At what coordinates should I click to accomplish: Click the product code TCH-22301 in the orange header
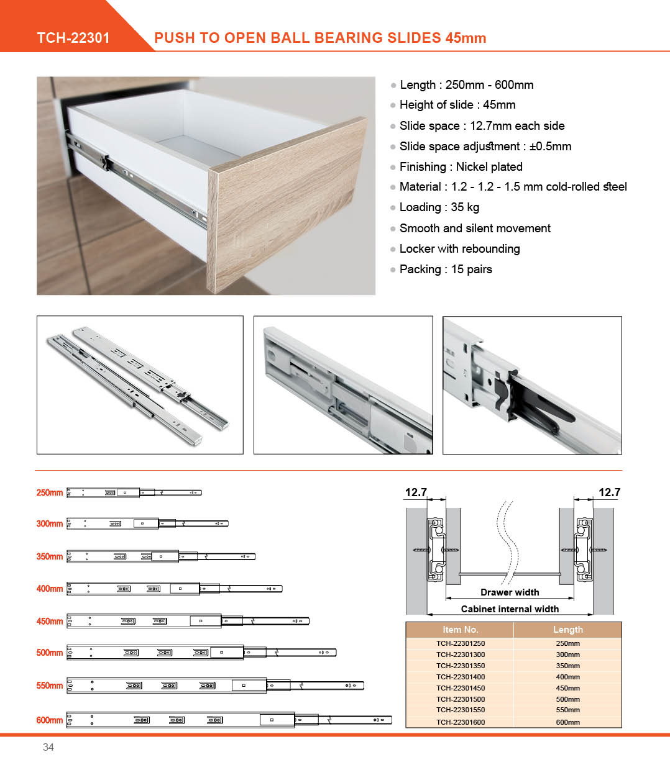pos(73,38)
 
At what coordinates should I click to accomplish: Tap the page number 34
pos(48,747)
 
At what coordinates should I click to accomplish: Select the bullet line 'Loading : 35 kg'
pos(439,207)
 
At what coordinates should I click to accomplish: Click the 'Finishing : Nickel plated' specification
pos(461,166)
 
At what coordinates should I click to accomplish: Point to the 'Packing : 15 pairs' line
pos(446,269)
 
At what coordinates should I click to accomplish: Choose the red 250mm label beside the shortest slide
pos(50,492)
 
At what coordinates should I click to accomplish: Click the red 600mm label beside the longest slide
pos(50,720)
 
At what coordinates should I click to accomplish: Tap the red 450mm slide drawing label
pos(50,621)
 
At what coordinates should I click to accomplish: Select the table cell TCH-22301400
pos(460,677)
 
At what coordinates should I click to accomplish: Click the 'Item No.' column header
pos(460,630)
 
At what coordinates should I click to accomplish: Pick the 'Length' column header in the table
pos(567,630)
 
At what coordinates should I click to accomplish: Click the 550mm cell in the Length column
pos(567,710)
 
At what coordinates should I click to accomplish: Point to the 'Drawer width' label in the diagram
pos(510,592)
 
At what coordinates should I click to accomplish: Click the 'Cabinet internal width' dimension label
pos(510,609)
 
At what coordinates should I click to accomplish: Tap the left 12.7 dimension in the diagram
pos(416,492)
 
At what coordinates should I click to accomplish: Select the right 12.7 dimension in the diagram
pos(609,492)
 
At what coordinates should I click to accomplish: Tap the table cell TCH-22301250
pos(460,643)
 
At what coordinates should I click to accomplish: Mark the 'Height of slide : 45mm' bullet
pos(457,105)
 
